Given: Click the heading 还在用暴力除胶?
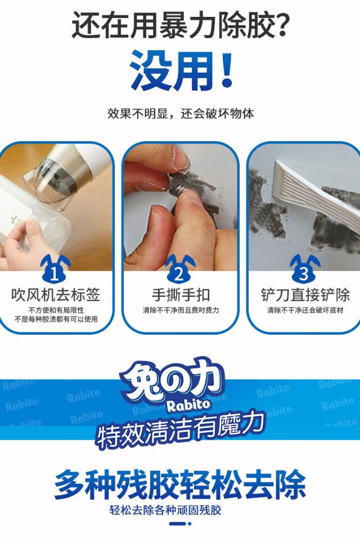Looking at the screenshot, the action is pos(180,25).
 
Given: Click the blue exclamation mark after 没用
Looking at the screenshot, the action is pos(227,69).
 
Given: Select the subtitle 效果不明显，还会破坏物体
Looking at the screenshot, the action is pos(181,113).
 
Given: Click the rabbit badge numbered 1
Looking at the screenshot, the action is pos(55,269).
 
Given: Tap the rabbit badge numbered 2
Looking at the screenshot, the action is pos(179,269).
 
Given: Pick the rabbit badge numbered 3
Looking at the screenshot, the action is pos(304,269).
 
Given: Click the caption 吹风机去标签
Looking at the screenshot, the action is pos(56,295).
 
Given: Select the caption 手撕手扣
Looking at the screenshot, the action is pos(181,295).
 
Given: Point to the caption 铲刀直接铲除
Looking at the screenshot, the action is pos(305,295).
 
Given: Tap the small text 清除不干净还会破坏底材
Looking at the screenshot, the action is pos(305,310).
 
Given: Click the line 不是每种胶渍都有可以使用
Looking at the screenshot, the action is pos(56,319).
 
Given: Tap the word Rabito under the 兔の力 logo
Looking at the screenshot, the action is pos(188,405).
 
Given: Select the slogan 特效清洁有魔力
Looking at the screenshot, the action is pos(181,430).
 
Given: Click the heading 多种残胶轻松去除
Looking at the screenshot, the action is pos(180,484).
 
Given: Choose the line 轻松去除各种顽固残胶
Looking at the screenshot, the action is pos(165,510).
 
